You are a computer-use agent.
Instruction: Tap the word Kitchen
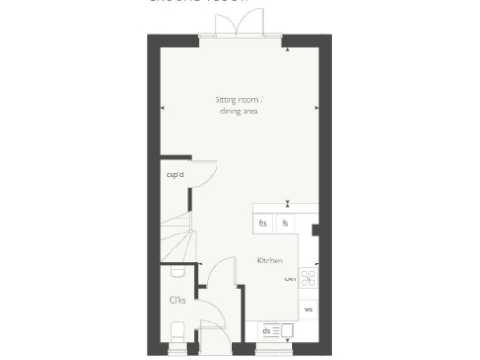click(x=271, y=262)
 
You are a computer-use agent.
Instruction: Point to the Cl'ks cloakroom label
click(x=175, y=300)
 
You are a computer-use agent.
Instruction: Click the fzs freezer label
click(x=263, y=224)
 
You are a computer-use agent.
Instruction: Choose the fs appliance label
click(x=285, y=224)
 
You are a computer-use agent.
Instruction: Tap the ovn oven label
click(x=291, y=278)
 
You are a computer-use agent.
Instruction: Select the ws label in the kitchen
click(x=308, y=307)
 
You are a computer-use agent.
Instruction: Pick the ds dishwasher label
click(x=267, y=330)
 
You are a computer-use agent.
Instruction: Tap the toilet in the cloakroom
click(x=178, y=330)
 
